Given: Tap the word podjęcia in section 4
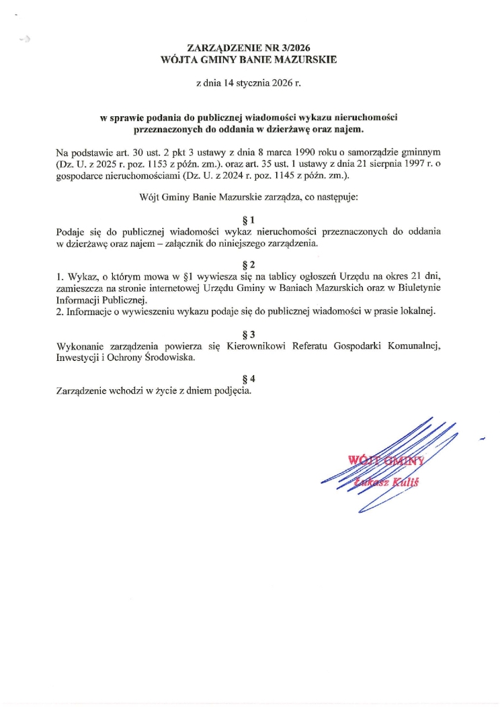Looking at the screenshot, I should pos(233,391).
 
